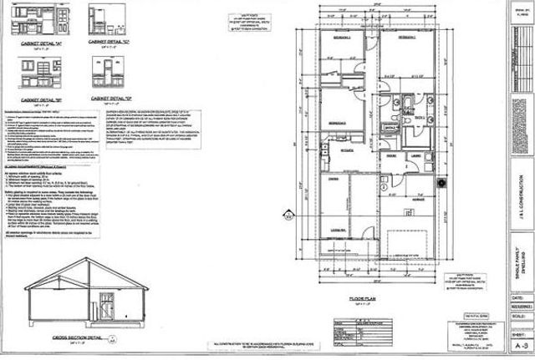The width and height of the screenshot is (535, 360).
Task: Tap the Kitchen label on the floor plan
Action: pyautogui.click(x=344, y=151)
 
